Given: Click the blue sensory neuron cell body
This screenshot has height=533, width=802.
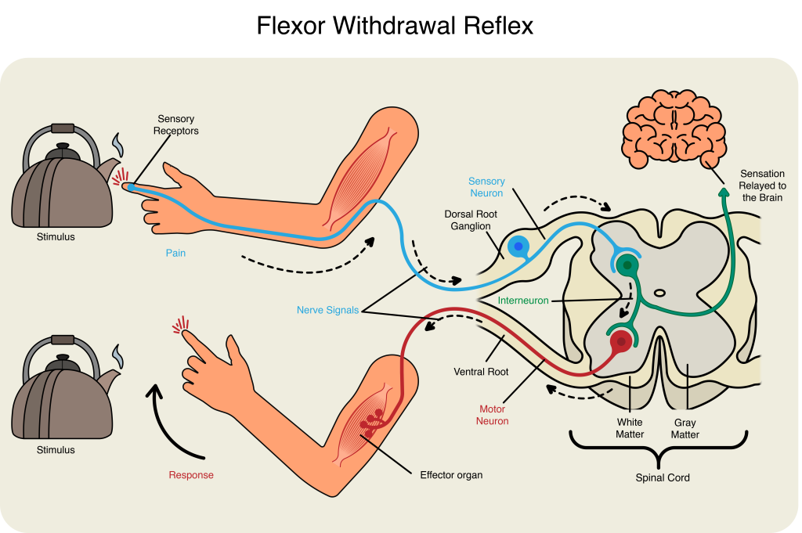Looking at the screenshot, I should [x=518, y=247].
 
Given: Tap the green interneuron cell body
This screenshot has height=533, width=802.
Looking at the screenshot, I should [x=627, y=265].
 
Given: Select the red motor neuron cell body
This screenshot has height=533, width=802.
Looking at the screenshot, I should [x=621, y=341].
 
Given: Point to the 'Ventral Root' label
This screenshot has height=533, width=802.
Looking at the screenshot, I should [x=481, y=372].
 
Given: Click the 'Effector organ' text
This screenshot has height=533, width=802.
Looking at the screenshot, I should [x=451, y=474].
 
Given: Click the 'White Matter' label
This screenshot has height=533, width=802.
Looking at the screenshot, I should [x=630, y=428].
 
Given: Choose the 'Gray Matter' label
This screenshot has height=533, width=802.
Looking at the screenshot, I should [x=685, y=428].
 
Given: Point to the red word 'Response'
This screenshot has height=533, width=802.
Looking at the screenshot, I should [x=191, y=475].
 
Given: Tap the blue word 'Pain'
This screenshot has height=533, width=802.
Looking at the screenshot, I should [x=175, y=254].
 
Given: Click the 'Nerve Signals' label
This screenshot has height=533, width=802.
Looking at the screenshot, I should [x=327, y=310].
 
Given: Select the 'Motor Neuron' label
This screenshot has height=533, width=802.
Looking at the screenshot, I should [x=493, y=415].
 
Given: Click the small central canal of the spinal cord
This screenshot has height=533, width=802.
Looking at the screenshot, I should [x=659, y=294].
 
